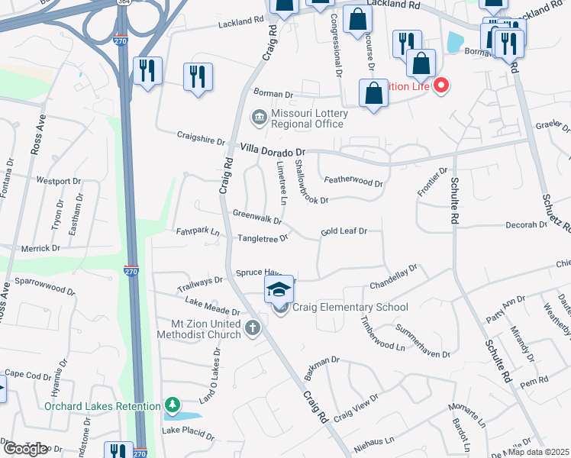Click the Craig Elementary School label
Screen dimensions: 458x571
point(350,308)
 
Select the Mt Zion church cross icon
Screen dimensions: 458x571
point(253,328)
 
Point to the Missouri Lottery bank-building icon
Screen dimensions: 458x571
point(257,117)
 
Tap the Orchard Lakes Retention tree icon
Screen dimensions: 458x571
point(173,405)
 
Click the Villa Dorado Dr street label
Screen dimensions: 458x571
point(273,150)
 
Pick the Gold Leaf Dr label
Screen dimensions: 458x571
point(344,231)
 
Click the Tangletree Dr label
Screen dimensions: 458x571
point(263,238)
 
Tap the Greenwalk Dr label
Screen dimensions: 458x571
point(257,217)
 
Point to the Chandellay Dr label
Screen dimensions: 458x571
point(394,277)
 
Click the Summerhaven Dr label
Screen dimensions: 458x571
point(420,344)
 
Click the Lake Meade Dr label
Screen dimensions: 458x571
point(212,308)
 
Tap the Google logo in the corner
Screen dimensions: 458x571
point(25,448)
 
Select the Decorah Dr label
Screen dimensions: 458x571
point(526,226)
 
